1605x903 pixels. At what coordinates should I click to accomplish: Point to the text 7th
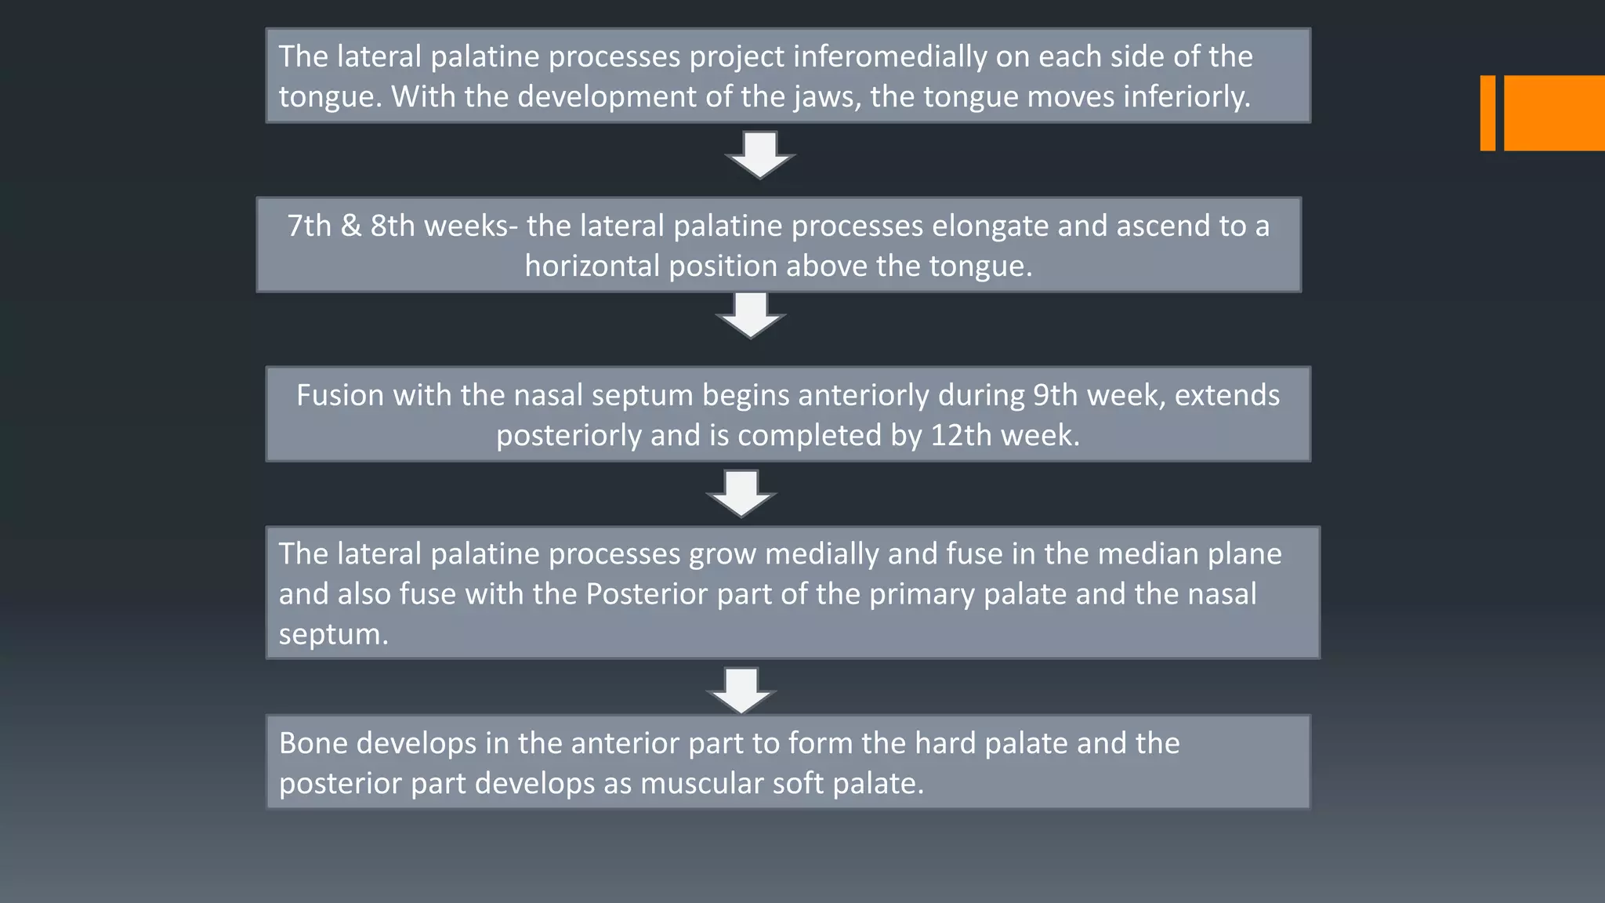(x=310, y=226)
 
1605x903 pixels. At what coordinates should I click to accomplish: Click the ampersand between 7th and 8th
(x=351, y=226)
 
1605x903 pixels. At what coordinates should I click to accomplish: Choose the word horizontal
(x=592, y=267)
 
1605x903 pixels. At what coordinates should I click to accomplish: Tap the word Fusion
(x=340, y=395)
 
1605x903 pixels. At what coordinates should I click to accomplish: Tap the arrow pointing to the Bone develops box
(x=741, y=690)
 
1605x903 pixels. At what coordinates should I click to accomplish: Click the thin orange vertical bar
(x=1487, y=113)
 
